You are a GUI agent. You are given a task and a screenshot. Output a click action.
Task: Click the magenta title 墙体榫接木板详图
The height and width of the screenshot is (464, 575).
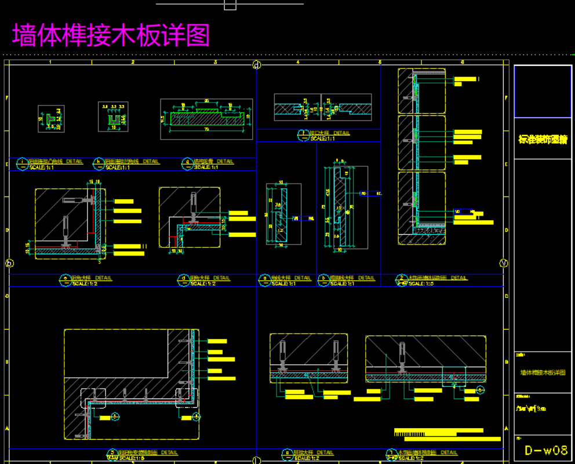(x=111, y=35)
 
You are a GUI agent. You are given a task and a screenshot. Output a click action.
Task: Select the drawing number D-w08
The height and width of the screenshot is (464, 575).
(x=545, y=450)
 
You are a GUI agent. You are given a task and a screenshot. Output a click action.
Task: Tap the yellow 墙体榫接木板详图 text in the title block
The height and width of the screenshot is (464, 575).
(x=543, y=372)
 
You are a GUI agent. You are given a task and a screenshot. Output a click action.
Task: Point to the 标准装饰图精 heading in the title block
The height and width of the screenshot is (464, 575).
(x=543, y=140)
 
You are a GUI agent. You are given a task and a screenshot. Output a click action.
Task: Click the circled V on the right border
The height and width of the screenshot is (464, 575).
(x=503, y=263)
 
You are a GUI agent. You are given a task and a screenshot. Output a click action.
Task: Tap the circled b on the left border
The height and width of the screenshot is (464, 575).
(x=9, y=263)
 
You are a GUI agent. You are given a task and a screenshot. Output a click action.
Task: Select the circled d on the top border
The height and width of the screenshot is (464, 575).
(x=257, y=65)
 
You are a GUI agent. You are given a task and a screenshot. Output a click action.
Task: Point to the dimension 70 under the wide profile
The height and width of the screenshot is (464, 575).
(x=206, y=129)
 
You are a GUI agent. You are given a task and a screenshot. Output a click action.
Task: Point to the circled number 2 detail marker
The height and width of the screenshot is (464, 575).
(x=401, y=279)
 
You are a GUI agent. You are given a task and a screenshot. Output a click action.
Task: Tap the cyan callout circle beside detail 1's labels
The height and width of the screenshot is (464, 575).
(x=481, y=390)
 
